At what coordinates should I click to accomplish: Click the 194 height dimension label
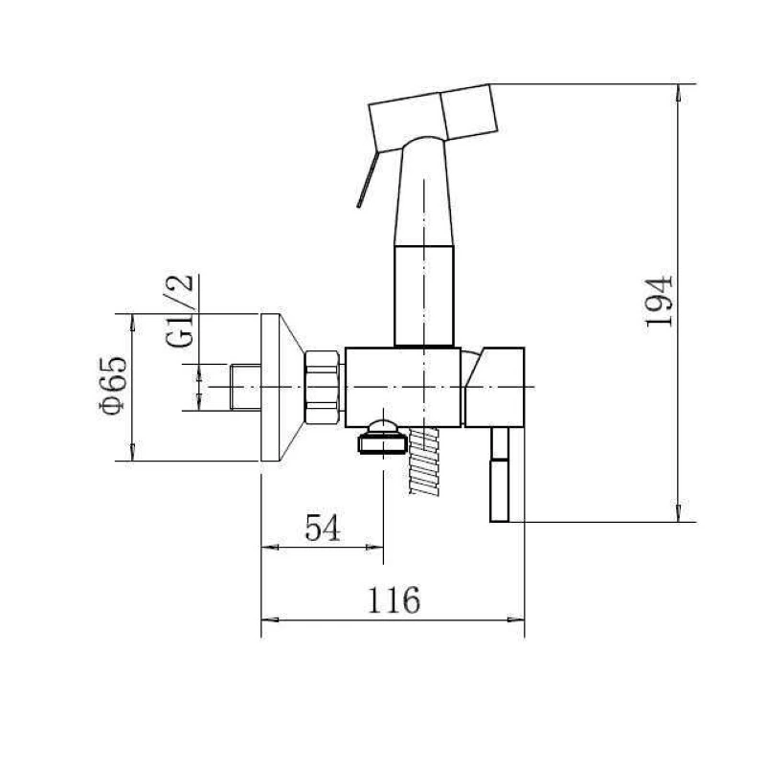pos(660,301)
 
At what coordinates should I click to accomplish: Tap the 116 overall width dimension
pos(394,599)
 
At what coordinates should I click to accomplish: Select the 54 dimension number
pos(322,528)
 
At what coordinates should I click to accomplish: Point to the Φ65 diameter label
pos(113,386)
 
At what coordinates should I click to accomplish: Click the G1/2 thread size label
pos(179,310)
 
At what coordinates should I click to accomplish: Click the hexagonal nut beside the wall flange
pos(322,387)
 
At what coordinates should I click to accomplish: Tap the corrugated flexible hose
pos(424,461)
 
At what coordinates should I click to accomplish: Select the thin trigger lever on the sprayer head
pos(368,179)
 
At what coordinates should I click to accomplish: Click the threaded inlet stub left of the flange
pos(245,387)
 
